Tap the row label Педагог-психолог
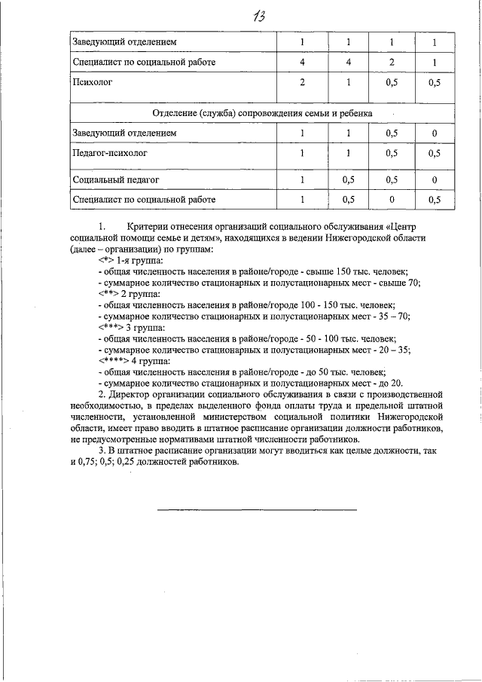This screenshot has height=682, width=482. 109,153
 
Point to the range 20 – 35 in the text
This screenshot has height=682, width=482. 394,350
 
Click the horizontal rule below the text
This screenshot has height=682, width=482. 257,509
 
